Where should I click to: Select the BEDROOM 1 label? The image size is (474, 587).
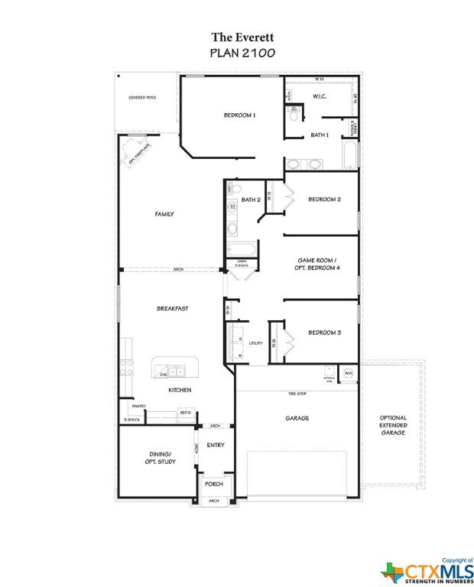click(239, 115)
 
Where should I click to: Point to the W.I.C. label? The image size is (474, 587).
click(320, 96)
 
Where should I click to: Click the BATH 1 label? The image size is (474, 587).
click(320, 135)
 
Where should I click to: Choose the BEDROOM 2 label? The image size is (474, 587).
click(324, 199)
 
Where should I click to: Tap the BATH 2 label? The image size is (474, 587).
click(252, 200)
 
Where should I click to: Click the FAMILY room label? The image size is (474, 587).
click(164, 214)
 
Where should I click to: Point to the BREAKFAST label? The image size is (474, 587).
click(173, 309)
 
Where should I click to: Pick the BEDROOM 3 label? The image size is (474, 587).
click(324, 332)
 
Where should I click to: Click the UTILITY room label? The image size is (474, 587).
click(255, 343)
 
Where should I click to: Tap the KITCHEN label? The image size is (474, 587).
click(180, 391)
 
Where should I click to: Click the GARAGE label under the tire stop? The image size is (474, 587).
click(297, 418)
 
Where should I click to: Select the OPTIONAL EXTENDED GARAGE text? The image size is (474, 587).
click(393, 426)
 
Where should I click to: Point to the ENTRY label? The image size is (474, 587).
click(216, 444)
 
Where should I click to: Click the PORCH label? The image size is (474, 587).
click(213, 484)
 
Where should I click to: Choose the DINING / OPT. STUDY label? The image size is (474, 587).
click(158, 458)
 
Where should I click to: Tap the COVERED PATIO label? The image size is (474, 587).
click(143, 98)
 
